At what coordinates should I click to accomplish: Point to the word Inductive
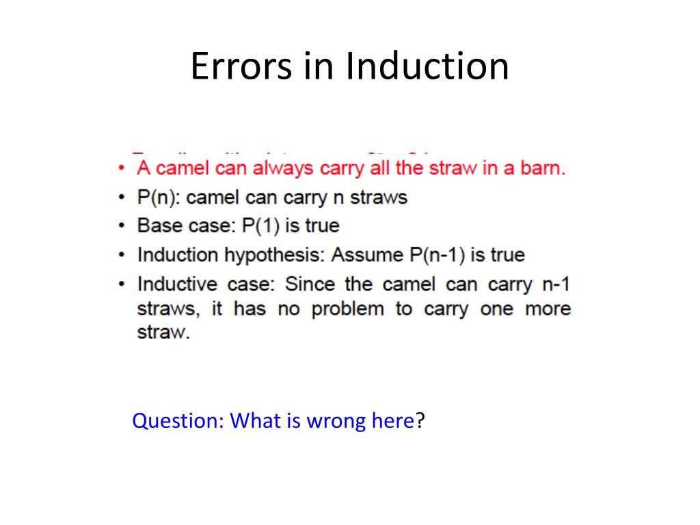(x=177, y=284)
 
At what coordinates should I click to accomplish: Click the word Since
(x=308, y=284)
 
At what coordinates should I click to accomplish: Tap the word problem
(x=348, y=309)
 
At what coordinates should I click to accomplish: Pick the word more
(x=547, y=309)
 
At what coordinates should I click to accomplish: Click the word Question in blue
(x=177, y=421)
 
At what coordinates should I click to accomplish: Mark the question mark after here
(x=420, y=420)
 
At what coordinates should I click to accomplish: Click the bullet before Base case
(x=121, y=226)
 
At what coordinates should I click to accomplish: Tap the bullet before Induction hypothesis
(x=121, y=256)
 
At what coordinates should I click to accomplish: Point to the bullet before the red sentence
(x=121, y=168)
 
